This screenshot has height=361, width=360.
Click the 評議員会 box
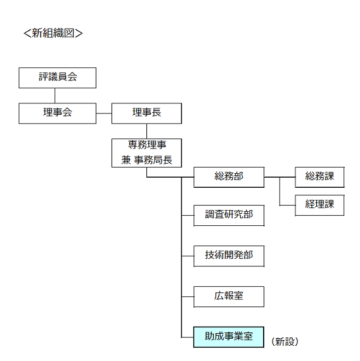57,78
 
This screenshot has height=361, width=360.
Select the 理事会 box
57,114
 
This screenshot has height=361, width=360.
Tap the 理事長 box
146,114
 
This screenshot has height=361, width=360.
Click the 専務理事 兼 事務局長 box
146,153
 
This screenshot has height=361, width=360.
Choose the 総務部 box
229,177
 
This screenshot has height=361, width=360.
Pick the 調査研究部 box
229,216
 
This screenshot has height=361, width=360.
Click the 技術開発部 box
229,256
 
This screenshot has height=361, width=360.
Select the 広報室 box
229,297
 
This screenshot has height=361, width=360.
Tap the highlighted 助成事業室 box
229,337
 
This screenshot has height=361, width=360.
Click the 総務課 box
319,177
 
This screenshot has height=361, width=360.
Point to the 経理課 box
319,206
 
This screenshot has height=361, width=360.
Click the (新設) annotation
285,342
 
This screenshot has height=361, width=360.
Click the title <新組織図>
53,33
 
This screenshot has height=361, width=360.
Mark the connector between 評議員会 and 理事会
55,96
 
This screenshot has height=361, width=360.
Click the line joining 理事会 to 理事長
104,114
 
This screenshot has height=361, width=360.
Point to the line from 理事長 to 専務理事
146,131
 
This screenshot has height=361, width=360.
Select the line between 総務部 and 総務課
280,177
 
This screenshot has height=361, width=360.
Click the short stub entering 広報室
188,297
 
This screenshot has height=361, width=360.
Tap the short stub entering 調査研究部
188,216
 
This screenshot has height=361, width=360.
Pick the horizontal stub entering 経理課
288,206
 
